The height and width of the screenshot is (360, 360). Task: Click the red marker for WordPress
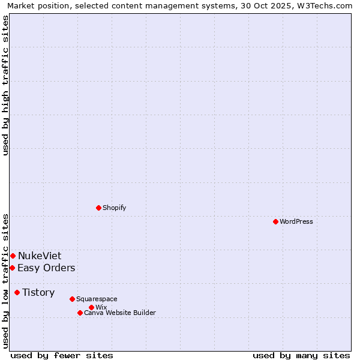275,221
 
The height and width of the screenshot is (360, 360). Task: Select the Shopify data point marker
98,208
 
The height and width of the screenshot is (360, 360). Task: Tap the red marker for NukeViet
13,256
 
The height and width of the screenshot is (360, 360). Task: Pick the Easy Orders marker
12,268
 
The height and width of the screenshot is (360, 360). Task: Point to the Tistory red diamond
17,292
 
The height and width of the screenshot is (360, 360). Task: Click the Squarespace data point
72,299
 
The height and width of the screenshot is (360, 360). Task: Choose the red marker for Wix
91,307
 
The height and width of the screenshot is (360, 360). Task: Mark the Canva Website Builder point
80,313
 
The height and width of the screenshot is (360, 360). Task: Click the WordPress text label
296,221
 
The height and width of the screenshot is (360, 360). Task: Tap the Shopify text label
114,208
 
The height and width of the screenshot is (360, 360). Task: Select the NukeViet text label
40,256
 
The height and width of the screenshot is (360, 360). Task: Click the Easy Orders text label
46,268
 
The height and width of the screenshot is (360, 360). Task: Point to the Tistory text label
38,292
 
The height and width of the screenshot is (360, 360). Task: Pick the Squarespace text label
97,299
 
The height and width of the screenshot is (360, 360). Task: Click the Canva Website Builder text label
120,313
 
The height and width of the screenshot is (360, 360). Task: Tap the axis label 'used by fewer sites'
62,355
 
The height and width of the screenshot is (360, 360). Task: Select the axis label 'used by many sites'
301,355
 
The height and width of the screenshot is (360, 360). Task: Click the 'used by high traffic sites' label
5,85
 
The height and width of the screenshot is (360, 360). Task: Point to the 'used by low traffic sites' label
5,280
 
